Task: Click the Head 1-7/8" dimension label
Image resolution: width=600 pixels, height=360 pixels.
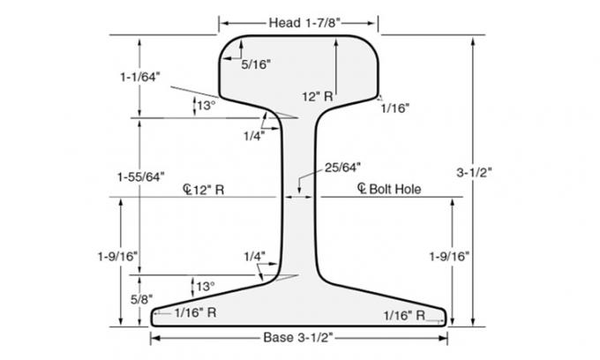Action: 298,20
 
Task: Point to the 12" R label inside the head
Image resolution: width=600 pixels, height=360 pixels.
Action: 317,95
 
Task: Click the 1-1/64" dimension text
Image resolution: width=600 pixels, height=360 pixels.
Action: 139,78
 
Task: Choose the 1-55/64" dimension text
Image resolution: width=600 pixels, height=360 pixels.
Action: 139,177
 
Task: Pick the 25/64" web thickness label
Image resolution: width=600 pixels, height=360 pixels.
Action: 343,167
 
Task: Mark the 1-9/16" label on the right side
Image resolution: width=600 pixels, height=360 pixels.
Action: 450,256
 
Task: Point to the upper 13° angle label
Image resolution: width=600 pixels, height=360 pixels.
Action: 205,106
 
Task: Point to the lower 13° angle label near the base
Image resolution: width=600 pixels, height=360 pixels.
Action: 205,287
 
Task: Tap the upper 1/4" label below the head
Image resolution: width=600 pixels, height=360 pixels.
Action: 253,135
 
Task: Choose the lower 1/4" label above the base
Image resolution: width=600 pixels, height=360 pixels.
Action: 253,256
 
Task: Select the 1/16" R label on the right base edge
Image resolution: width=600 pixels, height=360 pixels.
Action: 405,314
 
